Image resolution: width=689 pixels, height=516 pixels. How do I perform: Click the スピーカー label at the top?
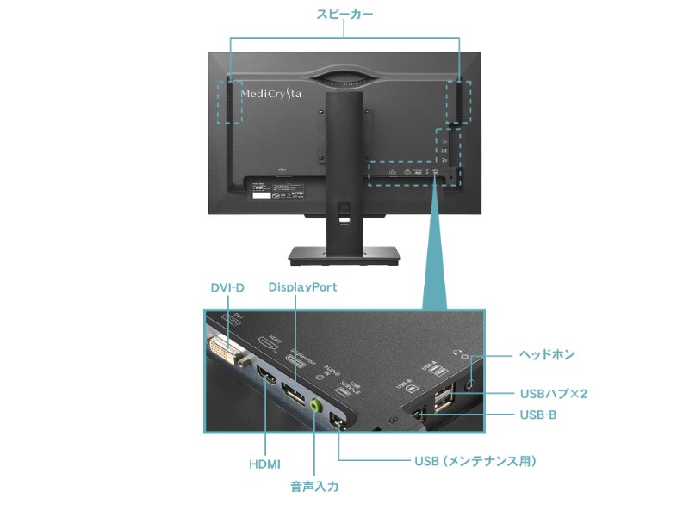tap(344, 15)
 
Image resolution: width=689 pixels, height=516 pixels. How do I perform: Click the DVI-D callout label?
tap(227, 286)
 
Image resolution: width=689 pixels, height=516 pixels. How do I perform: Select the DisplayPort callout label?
tap(302, 286)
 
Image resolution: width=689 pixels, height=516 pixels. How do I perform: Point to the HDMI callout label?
tap(264, 464)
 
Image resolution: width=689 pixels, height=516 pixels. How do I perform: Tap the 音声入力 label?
tap(314, 487)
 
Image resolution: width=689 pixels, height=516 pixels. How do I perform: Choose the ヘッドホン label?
tap(547, 353)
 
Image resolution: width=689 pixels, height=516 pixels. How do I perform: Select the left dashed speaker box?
tap(229, 101)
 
